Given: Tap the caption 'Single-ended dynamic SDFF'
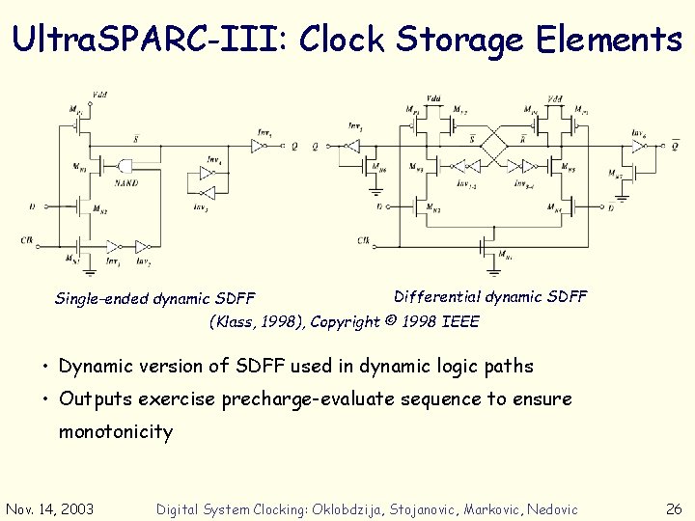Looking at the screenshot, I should coord(154,298).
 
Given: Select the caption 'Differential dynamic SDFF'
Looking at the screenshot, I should coord(490,296).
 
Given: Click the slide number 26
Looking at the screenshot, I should coord(674,508).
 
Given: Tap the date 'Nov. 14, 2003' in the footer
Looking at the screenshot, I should coord(50,508).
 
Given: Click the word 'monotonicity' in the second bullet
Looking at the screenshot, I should coord(116,431).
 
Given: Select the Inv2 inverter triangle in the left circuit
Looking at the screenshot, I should coord(142,245).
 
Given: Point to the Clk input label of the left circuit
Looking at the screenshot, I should coord(28,239).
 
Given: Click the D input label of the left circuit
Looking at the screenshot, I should coord(32,206).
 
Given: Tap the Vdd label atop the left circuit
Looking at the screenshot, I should coord(99,95).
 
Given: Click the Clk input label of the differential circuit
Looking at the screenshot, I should coord(363,239).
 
